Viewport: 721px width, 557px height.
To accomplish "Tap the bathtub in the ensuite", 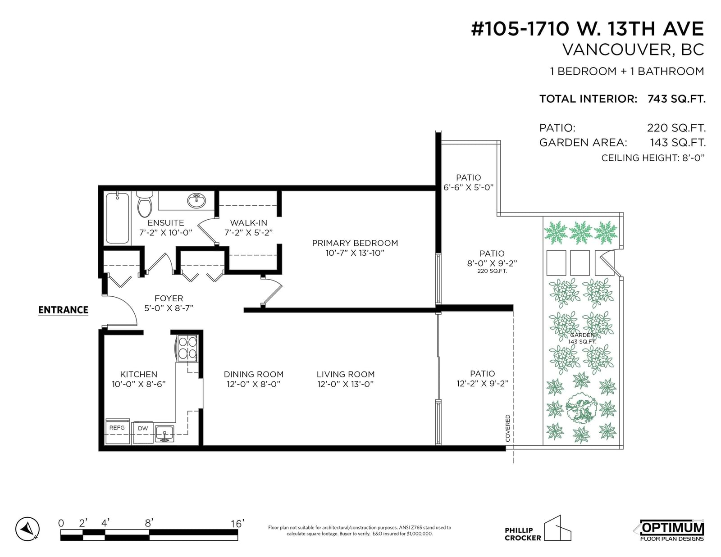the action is [117, 218].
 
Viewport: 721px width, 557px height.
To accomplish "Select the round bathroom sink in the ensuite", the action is [196, 200].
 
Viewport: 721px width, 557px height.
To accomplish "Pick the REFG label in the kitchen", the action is [117, 428].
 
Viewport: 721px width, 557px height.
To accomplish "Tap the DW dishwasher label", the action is [143, 428].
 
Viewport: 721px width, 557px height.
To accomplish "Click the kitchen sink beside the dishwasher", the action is [164, 433].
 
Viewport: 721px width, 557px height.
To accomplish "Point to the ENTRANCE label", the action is [64, 310].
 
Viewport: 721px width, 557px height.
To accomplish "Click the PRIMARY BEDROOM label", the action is [355, 243].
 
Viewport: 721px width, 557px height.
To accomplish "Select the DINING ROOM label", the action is [254, 374].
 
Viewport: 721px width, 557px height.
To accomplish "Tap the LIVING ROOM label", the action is [346, 374].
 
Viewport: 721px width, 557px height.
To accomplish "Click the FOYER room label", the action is [169, 299].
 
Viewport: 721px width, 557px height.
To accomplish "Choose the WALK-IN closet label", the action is [248, 223].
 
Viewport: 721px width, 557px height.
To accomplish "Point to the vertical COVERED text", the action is [508, 428].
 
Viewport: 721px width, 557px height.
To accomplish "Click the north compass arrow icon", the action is [27, 529].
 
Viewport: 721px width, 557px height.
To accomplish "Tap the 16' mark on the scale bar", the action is [237, 524].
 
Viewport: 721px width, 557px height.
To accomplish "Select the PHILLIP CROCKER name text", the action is [523, 534].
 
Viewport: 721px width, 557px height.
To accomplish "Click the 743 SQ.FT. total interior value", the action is [676, 99].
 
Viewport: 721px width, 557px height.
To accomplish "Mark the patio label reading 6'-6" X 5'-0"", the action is [469, 187].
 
